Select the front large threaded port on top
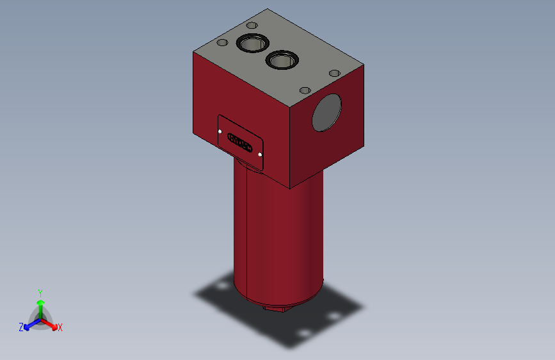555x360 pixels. click(281, 60)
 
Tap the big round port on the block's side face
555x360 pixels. click(326, 112)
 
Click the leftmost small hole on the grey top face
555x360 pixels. click(222, 43)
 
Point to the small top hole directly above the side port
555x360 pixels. click(333, 73)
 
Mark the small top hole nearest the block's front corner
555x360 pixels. click(305, 90)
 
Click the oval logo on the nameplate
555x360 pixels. click(239, 142)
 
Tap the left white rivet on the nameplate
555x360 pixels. click(220, 131)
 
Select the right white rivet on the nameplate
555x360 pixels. click(260, 154)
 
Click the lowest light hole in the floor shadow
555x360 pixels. click(304, 334)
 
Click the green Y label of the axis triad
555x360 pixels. click(40, 291)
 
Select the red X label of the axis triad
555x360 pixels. click(60, 328)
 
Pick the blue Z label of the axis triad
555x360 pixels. click(21, 327)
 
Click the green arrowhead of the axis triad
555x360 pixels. click(40, 302)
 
